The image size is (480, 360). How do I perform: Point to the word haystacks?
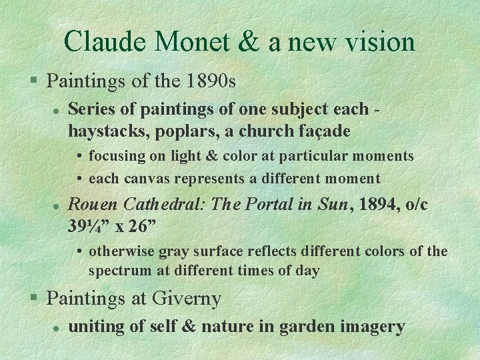[108, 131]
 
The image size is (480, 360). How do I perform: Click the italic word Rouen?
[94, 204]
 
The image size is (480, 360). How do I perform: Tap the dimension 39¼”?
[89, 225]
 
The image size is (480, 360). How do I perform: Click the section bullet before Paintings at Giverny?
[37, 298]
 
